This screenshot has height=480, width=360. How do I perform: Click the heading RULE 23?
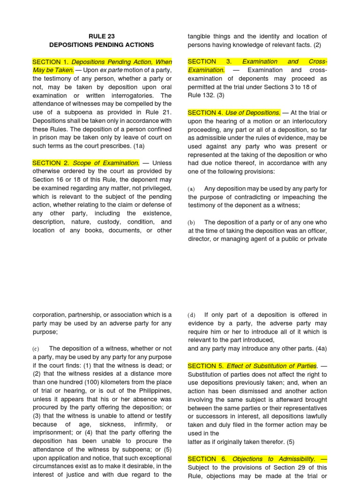click(102, 36)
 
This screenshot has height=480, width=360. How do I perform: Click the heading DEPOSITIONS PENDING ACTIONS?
click(102, 45)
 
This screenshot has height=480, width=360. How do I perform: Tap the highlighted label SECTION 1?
click(50, 62)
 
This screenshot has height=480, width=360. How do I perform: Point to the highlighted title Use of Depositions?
click(253, 112)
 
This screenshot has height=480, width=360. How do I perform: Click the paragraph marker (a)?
click(191, 188)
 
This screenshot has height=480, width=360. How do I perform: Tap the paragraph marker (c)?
click(36, 348)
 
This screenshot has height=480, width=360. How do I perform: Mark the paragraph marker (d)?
click(191, 315)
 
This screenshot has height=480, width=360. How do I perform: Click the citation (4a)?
click(318, 348)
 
